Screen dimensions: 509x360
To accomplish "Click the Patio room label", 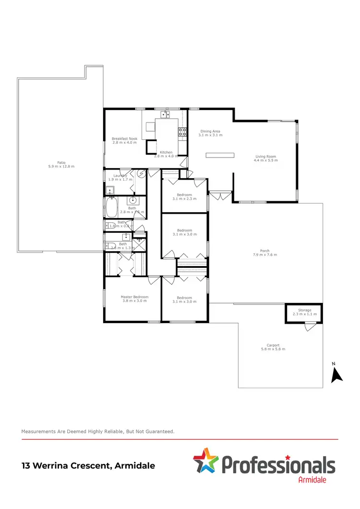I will tap(61, 162).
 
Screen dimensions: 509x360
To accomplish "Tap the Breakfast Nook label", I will tap(124, 138).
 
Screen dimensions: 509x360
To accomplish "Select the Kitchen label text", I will tap(166, 152).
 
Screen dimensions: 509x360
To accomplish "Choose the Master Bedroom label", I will tap(134, 297).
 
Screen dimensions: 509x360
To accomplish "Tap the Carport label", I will tap(273, 345).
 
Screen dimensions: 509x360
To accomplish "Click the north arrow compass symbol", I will tap(337, 374).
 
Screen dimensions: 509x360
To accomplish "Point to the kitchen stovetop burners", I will tap(182, 132).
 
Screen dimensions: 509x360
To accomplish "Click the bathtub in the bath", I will tap(111, 207).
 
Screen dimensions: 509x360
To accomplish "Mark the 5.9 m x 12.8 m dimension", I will tap(61, 166).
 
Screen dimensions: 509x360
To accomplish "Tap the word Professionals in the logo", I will tap(278, 465).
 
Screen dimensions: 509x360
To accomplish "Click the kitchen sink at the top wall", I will tap(166, 114).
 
